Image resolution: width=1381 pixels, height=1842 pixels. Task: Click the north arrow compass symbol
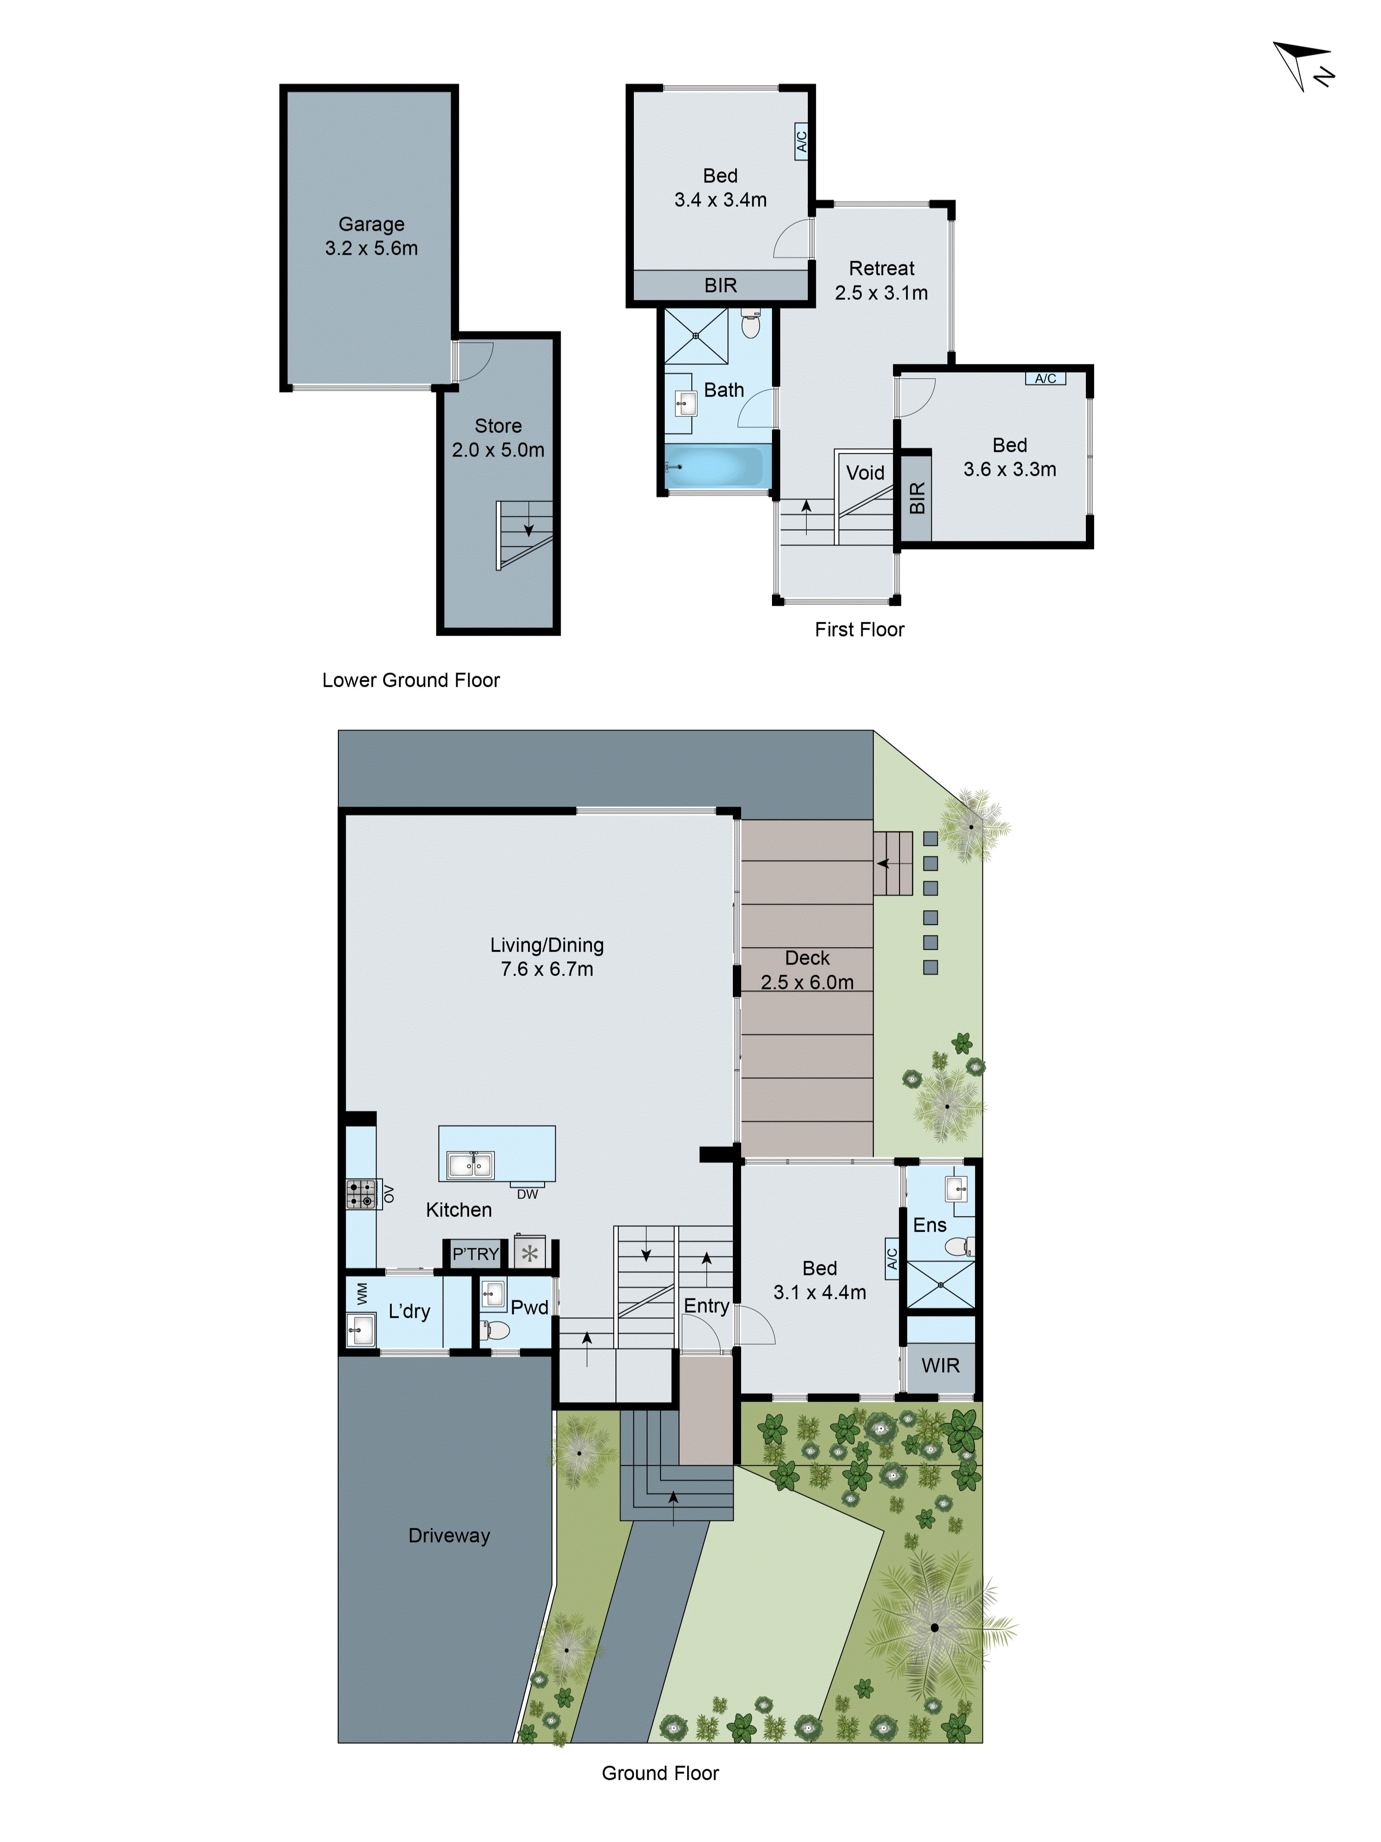[x=1301, y=67]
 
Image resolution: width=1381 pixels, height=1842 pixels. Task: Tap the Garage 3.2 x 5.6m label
[x=371, y=236]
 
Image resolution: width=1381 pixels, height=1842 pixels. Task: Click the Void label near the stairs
[x=865, y=473]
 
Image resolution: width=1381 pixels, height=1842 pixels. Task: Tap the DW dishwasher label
[x=527, y=1194]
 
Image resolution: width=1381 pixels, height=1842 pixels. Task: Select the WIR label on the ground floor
[x=940, y=1366]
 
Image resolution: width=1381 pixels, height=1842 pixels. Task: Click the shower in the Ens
[x=940, y=1285]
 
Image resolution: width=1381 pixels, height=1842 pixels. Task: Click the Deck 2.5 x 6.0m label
[x=807, y=970]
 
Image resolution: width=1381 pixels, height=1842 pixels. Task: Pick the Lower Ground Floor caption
[x=411, y=680]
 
